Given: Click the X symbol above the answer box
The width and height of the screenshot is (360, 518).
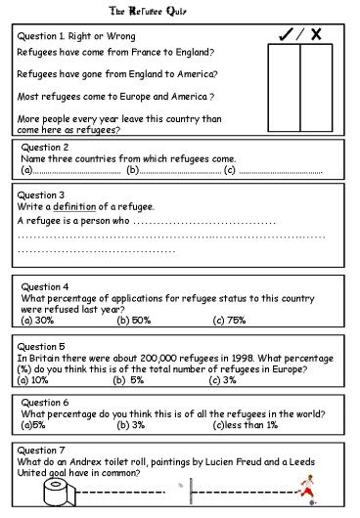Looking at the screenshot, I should coord(317,34).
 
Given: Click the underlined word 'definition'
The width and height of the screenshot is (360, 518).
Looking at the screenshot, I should coord(74,207).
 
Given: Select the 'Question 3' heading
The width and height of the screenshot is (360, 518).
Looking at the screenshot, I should coord(41,195).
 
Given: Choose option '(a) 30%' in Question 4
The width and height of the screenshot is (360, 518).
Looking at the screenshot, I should coord(37,320).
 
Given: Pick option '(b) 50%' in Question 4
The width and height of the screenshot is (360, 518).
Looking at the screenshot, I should coord(134,320).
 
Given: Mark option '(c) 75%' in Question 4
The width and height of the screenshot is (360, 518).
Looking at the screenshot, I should coord(229,320).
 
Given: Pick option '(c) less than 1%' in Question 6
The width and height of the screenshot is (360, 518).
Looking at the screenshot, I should coord(245,425).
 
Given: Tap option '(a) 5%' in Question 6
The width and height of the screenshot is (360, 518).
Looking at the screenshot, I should coord(32,425).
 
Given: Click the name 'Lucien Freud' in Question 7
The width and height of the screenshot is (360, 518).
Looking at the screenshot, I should coord(242,461).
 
